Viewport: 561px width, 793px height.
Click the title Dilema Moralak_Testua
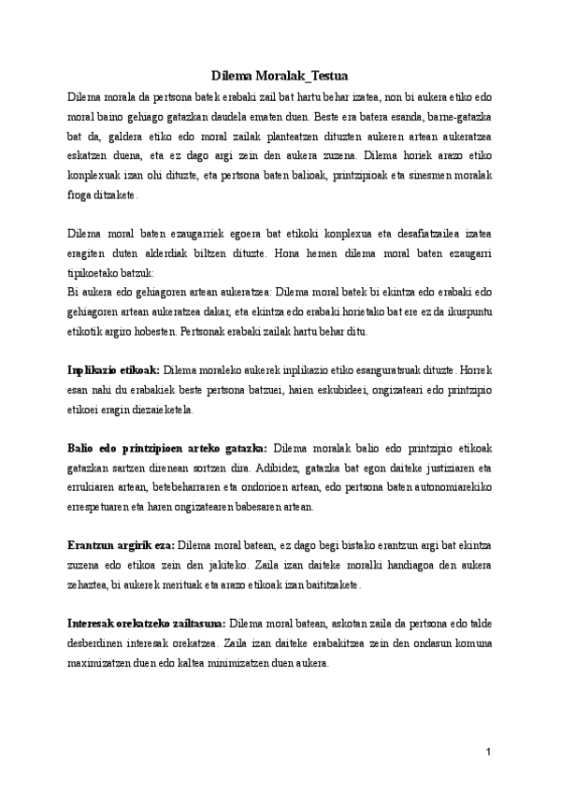pyautogui.click(x=280, y=78)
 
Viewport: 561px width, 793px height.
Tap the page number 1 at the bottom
pyautogui.click(x=488, y=753)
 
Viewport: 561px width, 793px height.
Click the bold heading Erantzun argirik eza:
pyautogui.click(x=121, y=542)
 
